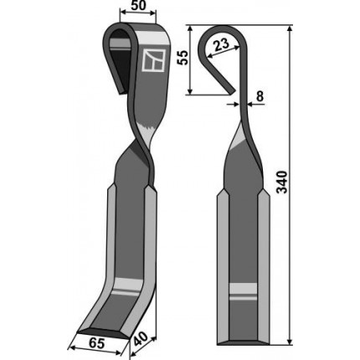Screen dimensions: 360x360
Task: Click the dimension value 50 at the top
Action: pos(138,6)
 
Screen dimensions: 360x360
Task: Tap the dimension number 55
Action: pos(183,58)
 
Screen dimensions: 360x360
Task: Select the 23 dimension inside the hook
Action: pos(222,45)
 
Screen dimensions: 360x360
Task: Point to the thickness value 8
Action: pos(260,96)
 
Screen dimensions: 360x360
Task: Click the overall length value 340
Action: pos(282,182)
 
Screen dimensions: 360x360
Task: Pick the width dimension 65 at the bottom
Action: pos(98,343)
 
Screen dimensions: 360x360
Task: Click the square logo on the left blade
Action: pos(153,61)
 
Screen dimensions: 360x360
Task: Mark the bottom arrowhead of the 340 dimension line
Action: pos(290,342)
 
